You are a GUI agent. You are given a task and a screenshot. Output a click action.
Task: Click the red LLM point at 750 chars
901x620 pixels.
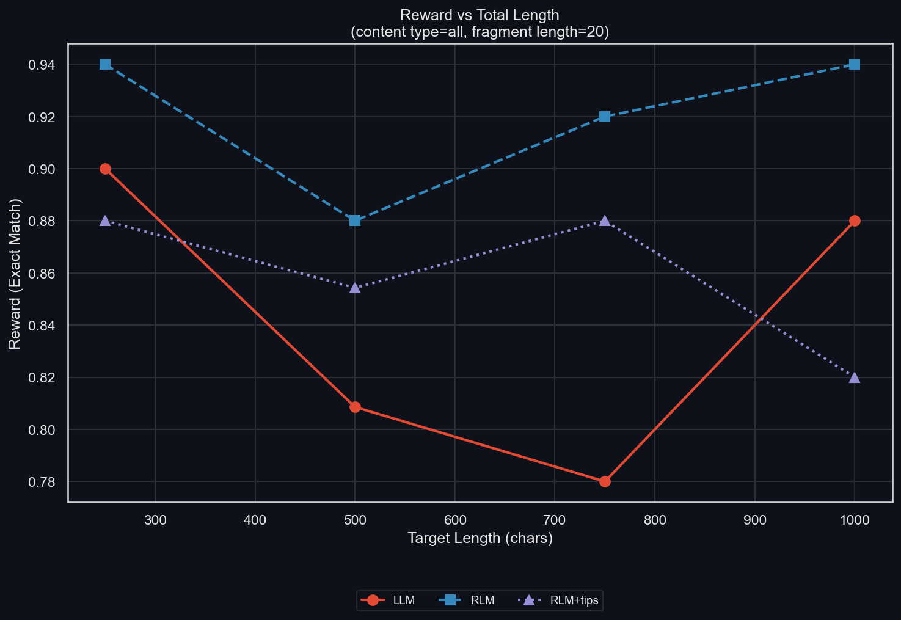(605, 481)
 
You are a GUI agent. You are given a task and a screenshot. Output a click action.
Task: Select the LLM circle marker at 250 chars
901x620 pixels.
(105, 169)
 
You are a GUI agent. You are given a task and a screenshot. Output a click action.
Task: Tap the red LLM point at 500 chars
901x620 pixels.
(355, 407)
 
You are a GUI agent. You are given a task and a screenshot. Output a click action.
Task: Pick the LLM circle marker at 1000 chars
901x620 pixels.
(855, 221)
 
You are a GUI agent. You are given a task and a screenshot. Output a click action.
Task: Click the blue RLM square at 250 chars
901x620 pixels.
(105, 64)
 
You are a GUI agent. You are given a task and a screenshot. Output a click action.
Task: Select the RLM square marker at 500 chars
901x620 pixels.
(355, 221)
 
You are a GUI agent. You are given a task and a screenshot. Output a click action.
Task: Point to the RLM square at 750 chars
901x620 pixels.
(605, 117)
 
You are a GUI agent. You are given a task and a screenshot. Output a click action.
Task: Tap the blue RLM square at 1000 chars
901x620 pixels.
(855, 64)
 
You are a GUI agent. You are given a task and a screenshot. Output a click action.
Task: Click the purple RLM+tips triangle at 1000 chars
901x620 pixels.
(855, 377)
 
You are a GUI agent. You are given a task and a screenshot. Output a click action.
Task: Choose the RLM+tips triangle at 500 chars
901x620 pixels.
(355, 287)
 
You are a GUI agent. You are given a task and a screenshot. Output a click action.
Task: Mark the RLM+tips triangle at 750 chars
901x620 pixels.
(605, 221)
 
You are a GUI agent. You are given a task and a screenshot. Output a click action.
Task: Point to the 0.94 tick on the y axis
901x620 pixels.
(42, 65)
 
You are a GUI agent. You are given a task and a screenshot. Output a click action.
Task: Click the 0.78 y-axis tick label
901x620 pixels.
(42, 482)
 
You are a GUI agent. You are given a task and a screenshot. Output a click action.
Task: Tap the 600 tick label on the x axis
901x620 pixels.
(455, 520)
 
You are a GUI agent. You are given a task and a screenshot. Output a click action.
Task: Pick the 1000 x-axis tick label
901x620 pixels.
(855, 520)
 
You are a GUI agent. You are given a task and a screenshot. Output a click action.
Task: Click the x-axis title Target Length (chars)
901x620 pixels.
(480, 538)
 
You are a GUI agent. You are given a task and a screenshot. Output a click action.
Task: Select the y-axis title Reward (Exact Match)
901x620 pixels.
(15, 273)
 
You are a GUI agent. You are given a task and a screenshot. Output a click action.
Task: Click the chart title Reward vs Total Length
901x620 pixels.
(480, 15)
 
